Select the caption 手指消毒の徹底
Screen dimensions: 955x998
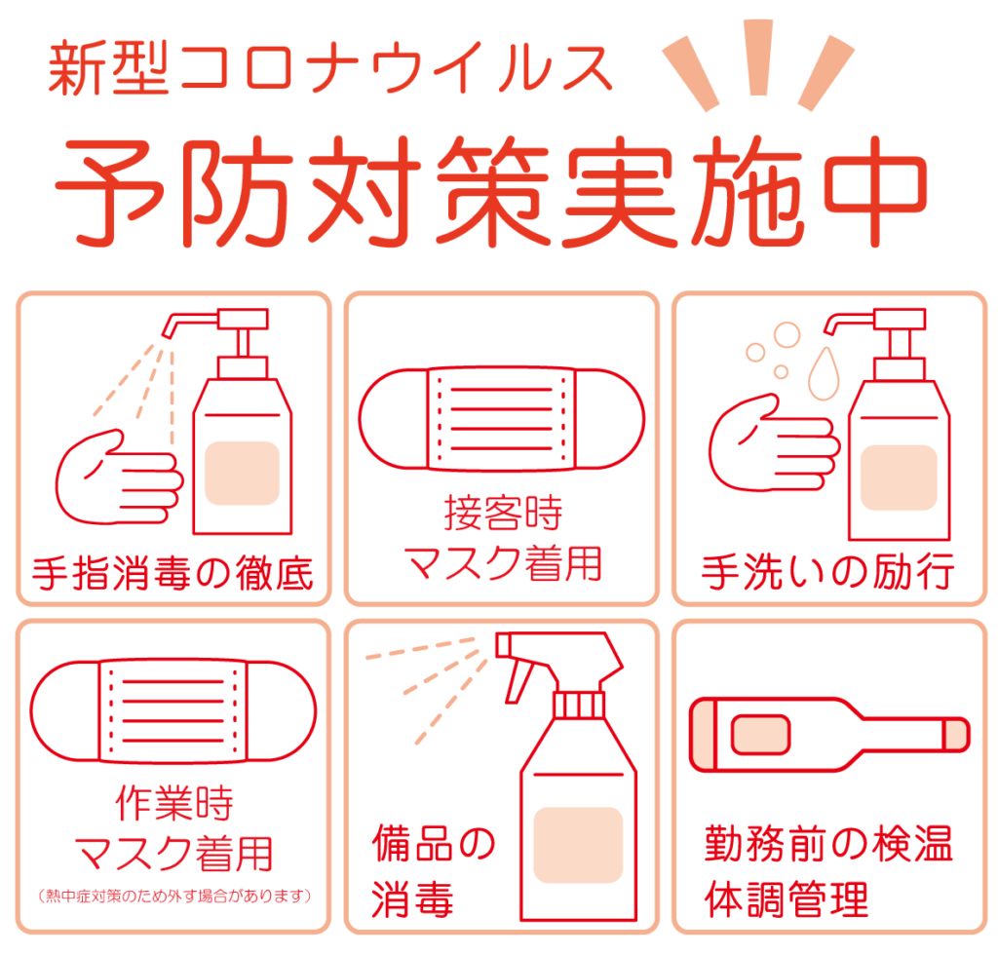173,574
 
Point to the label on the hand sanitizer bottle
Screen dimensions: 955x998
242,473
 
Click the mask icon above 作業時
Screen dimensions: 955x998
173,709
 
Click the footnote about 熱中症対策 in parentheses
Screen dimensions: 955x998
173,894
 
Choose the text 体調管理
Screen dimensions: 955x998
786,900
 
